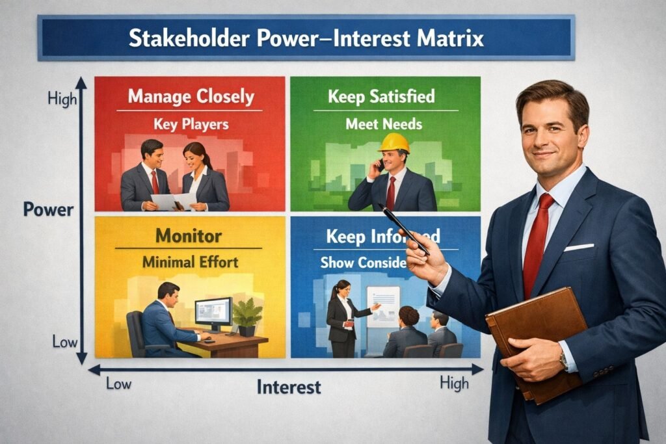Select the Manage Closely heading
(x=191, y=97)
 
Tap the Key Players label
(x=191, y=124)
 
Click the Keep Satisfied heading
(x=381, y=97)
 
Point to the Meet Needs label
(x=384, y=124)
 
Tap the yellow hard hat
(x=393, y=142)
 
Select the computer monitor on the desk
(x=213, y=311)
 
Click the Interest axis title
(x=289, y=387)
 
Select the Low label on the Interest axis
(x=118, y=384)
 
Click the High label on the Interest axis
(x=454, y=384)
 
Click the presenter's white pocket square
(x=578, y=247)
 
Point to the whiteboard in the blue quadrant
(x=383, y=306)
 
